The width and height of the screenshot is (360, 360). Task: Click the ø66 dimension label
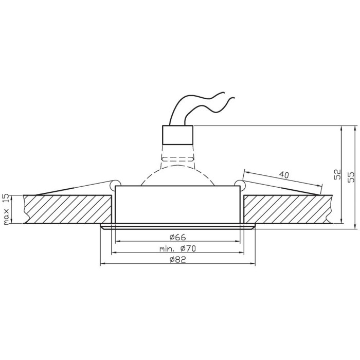178,237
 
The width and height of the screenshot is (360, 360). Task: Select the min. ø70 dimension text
178,248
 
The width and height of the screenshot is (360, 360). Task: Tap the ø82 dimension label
178,260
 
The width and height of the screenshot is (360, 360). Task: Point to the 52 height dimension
337,175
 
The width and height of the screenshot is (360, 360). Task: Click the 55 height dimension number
351,177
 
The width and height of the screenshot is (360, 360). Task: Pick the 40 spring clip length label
284,175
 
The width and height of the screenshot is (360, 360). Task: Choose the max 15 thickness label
6,209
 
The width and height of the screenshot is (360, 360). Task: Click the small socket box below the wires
177,135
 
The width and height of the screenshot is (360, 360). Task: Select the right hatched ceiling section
288,209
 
